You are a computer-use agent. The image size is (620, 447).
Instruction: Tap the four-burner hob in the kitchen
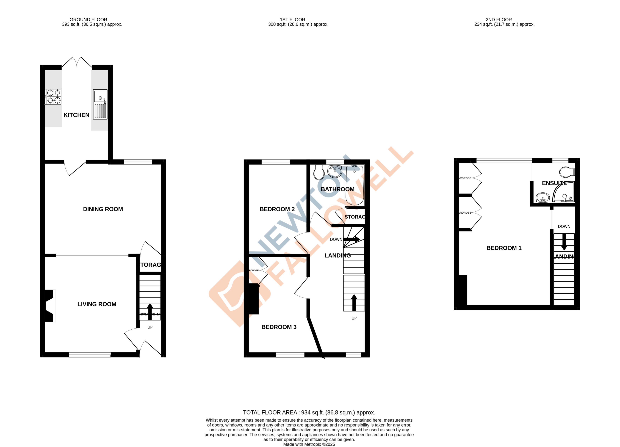point(53,97)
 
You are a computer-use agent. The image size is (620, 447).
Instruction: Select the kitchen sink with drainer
point(100,104)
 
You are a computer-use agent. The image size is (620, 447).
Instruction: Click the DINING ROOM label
point(103,209)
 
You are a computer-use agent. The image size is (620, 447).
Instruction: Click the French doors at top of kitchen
point(77,62)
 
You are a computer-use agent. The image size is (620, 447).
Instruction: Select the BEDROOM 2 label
point(277,209)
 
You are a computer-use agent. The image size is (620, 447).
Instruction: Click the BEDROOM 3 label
point(279,327)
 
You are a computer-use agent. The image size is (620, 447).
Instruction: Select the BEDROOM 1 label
point(504,248)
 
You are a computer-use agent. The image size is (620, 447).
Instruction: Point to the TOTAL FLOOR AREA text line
point(309,412)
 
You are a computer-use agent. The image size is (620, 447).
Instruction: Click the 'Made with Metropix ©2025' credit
point(309,444)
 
